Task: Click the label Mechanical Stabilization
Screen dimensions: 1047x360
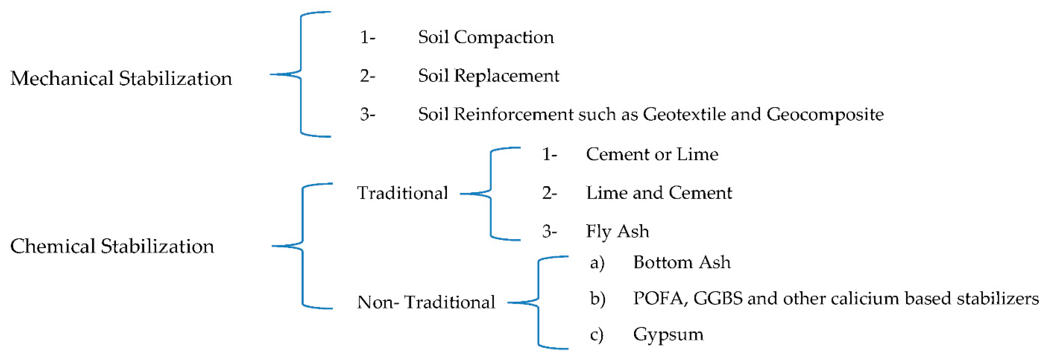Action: pyautogui.click(x=121, y=78)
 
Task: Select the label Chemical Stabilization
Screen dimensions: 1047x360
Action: pyautogui.click(x=112, y=246)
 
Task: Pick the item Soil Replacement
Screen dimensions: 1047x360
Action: pyautogui.click(x=489, y=76)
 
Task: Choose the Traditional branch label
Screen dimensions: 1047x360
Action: pyautogui.click(x=402, y=193)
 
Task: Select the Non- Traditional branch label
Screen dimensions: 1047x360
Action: pyautogui.click(x=426, y=302)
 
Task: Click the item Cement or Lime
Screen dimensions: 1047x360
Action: pyautogui.click(x=652, y=154)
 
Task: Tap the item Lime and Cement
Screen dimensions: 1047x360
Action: pyautogui.click(x=659, y=193)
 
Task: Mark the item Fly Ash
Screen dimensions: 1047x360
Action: pyautogui.click(x=617, y=232)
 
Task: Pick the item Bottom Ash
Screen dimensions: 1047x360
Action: pyautogui.click(x=682, y=263)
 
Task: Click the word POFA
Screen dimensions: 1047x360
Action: pyautogui.click(x=660, y=299)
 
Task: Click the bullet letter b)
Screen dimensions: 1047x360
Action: pyautogui.click(x=598, y=299)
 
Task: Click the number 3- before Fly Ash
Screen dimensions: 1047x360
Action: pyautogui.click(x=549, y=232)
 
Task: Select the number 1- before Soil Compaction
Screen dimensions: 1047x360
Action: pyautogui.click(x=368, y=38)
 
